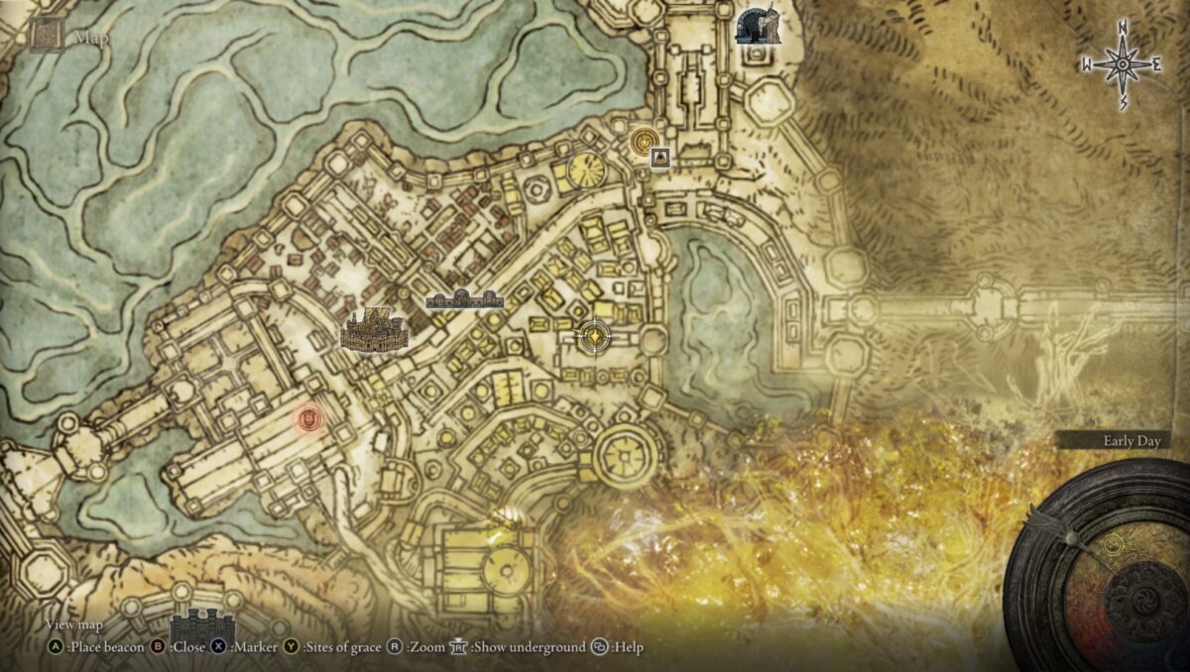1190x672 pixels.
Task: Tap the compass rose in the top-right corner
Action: [1122, 65]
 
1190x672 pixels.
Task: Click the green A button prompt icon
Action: [56, 647]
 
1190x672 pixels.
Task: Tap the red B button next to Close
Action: [157, 647]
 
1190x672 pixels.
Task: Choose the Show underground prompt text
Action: [529, 647]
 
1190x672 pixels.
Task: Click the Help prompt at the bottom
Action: [627, 647]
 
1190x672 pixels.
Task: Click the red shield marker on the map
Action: [308, 420]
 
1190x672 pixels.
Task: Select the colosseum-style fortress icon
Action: [375, 329]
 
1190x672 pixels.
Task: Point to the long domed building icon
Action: [464, 298]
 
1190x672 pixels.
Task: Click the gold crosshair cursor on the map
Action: [594, 337]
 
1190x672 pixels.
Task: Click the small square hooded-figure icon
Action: [660, 158]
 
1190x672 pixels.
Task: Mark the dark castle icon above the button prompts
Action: [203, 624]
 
